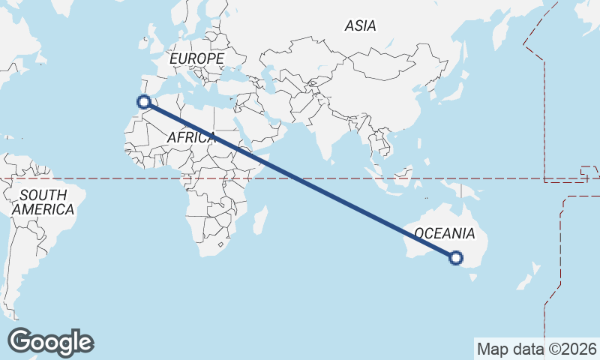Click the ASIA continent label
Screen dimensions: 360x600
(x=360, y=26)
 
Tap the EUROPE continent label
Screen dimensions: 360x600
(x=196, y=58)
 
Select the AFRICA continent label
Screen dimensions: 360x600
(x=192, y=138)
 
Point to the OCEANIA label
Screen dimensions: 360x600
(x=445, y=233)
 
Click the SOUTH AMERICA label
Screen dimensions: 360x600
(x=43, y=202)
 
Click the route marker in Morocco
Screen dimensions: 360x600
(x=144, y=102)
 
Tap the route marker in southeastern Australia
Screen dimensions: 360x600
(x=455, y=258)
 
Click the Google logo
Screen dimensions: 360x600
(x=50, y=342)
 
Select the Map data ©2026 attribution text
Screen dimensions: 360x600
(x=537, y=349)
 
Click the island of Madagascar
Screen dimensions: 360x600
(x=259, y=221)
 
